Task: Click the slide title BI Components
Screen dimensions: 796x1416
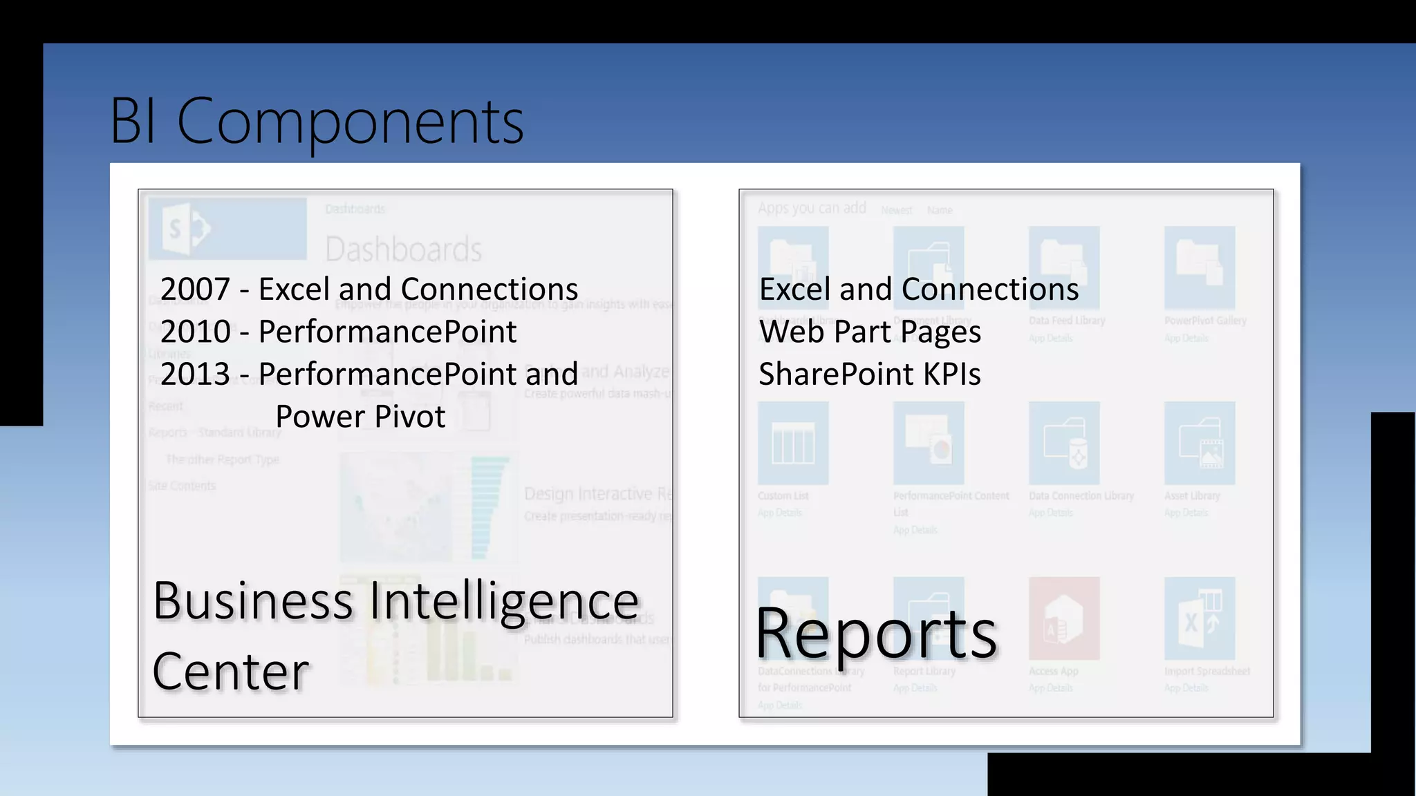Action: [317, 121]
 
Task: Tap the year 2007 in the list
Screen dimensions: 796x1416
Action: [194, 289]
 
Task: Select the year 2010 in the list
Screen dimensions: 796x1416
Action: [194, 332]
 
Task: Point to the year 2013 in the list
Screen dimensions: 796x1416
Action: [194, 374]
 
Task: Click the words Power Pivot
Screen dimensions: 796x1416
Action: [360, 417]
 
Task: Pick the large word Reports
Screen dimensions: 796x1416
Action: [876, 633]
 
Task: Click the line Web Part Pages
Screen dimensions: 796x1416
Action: [870, 332]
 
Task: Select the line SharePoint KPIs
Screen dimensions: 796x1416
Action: [870, 374]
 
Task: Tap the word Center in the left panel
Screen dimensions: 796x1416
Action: [230, 671]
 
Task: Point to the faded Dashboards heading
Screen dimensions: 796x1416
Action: [403, 249]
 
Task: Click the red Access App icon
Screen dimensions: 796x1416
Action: [1063, 618]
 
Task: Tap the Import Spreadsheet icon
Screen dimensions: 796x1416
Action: [1199, 618]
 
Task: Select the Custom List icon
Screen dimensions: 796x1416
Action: [793, 443]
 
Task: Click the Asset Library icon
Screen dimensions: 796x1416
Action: [1199, 443]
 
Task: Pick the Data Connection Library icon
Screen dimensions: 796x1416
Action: [1063, 443]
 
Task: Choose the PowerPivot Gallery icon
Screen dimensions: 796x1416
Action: [1199, 267]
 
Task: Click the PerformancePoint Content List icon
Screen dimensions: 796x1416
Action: [928, 443]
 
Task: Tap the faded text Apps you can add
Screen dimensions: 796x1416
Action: [812, 208]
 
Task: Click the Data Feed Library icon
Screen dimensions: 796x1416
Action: [1063, 267]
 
